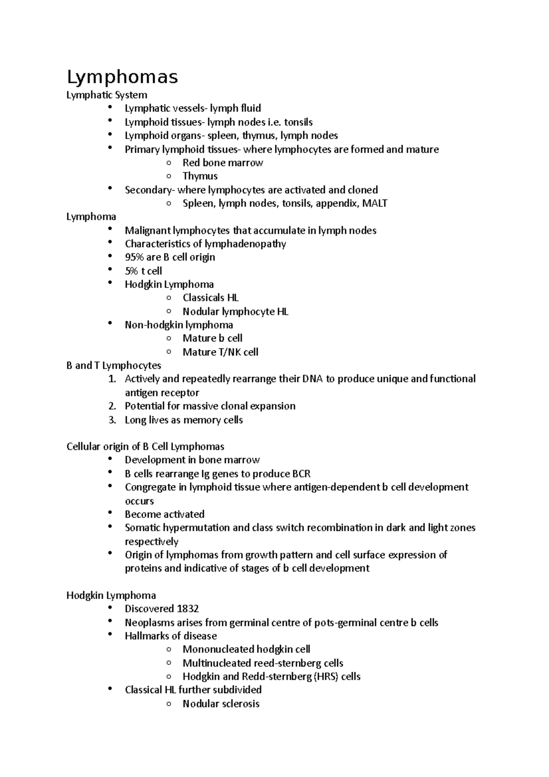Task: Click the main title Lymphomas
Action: pyautogui.click(x=122, y=77)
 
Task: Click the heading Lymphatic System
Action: pyautogui.click(x=107, y=95)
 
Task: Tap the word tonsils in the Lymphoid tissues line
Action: pyautogui.click(x=298, y=122)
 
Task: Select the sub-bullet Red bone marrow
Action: pyautogui.click(x=222, y=163)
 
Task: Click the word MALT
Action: pyautogui.click(x=374, y=204)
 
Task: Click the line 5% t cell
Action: pyautogui.click(x=143, y=271)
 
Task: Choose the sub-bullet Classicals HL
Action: pyautogui.click(x=210, y=298)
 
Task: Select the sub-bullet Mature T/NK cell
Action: pyautogui.click(x=220, y=352)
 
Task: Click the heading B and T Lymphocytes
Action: pyautogui.click(x=113, y=366)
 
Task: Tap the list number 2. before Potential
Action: pyautogui.click(x=113, y=406)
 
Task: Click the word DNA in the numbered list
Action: pyautogui.click(x=312, y=379)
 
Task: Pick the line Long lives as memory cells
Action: pyautogui.click(x=183, y=420)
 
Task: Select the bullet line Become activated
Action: pyautogui.click(x=164, y=514)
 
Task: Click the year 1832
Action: pyautogui.click(x=188, y=609)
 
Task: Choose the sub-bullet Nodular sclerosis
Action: pyautogui.click(x=221, y=704)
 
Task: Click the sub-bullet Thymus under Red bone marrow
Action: pyautogui.click(x=200, y=176)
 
